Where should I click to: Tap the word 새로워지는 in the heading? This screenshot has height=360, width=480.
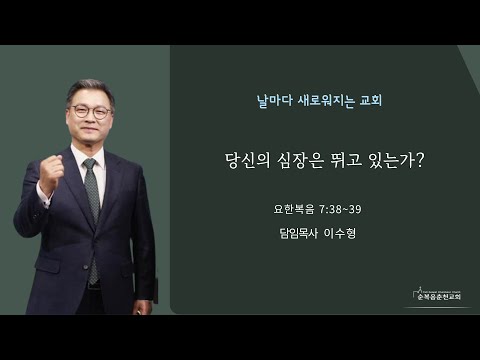pyautogui.click(x=326, y=101)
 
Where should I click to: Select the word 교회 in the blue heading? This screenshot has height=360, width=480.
pyautogui.click(x=371, y=100)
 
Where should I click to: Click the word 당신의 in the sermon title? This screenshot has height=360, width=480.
pyautogui.click(x=248, y=161)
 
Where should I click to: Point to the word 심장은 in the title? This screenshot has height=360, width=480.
pyautogui.click(x=300, y=161)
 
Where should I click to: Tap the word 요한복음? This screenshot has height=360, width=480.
pyautogui.click(x=294, y=209)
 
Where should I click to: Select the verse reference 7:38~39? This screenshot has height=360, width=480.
pyautogui.click(x=340, y=209)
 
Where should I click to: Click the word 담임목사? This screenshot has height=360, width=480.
pyautogui.click(x=299, y=233)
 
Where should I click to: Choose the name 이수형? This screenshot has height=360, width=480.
pyautogui.click(x=340, y=233)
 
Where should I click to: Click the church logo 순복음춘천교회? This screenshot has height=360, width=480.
pyautogui.click(x=439, y=294)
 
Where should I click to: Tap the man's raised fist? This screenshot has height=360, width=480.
pyautogui.click(x=51, y=173)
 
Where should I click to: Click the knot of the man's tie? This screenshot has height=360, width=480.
pyautogui.click(x=90, y=164)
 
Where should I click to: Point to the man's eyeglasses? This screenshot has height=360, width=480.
pyautogui.click(x=91, y=111)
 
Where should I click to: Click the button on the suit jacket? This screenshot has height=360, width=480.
pyautogui.click(x=86, y=267)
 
